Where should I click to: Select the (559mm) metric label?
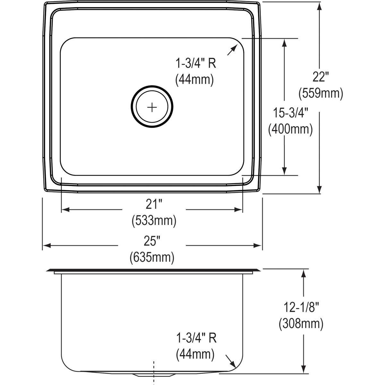point(321,93)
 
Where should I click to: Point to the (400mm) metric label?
point(290,129)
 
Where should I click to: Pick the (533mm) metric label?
point(154,220)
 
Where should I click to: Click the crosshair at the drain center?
point(152,107)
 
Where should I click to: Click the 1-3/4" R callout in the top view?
point(195,64)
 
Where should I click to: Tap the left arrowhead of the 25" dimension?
point(47,246)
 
